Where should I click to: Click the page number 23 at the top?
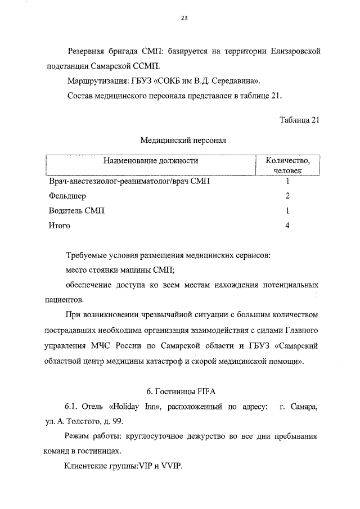point(184,18)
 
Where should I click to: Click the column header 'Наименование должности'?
point(151,161)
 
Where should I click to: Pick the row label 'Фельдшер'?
point(67,196)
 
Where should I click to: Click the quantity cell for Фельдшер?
point(287,196)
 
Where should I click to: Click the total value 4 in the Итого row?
point(287,226)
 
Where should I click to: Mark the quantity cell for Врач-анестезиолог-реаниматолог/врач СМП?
point(287,181)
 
